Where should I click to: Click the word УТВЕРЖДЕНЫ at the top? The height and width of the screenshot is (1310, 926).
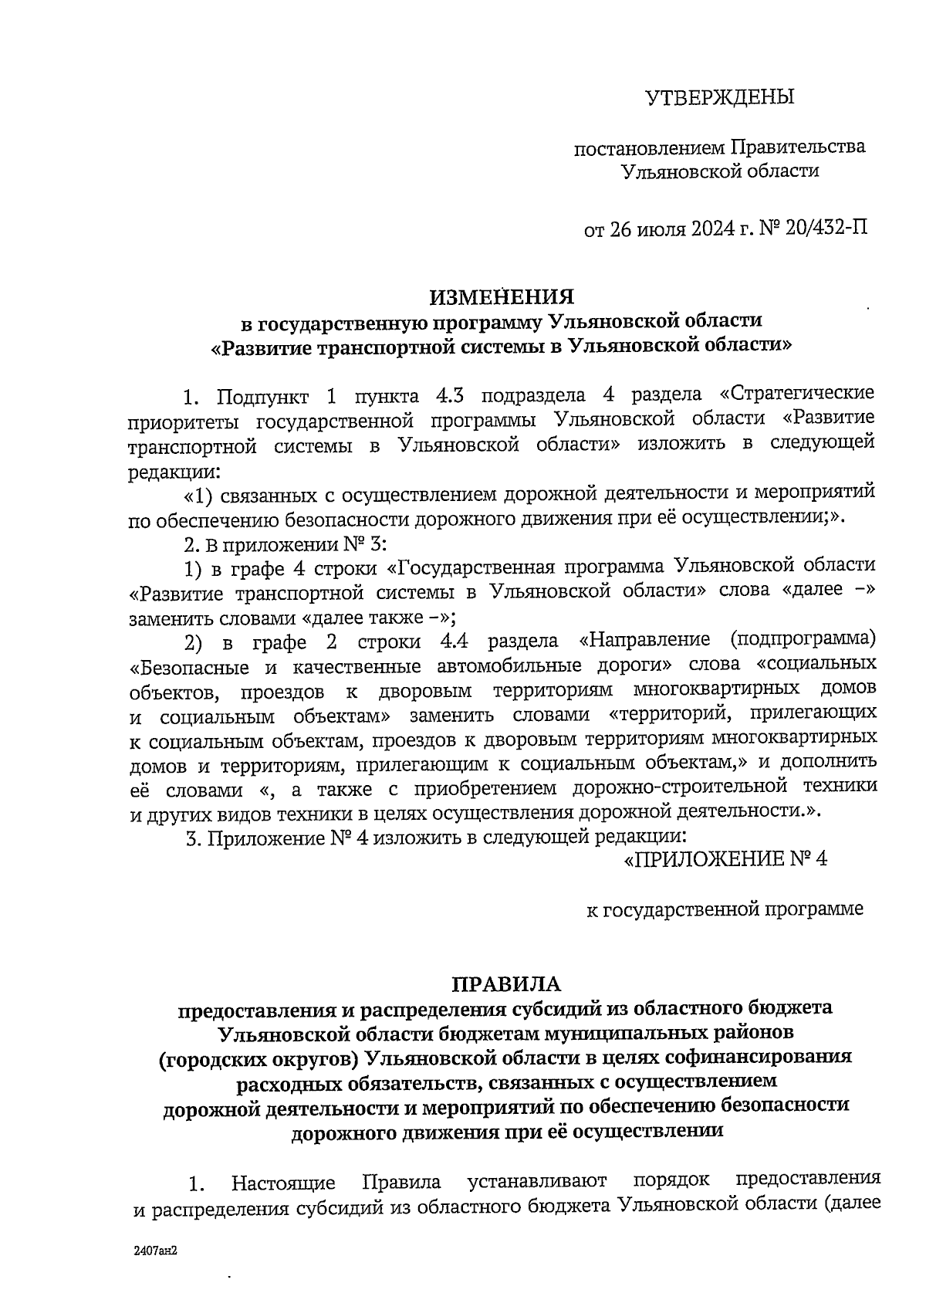click(719, 97)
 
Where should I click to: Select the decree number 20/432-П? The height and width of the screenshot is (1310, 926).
click(824, 229)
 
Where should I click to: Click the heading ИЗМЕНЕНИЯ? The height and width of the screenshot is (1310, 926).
click(502, 297)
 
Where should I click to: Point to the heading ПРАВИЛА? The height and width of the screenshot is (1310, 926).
click(507, 984)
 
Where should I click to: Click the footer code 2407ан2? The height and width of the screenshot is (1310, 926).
click(150, 1249)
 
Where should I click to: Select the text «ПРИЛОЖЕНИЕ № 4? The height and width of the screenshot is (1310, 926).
click(725, 859)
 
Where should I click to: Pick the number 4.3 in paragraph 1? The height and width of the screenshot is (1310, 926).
click(451, 396)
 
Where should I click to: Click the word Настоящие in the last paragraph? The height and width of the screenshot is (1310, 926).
click(283, 1183)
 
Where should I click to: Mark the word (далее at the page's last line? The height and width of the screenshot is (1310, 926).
click(853, 1206)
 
